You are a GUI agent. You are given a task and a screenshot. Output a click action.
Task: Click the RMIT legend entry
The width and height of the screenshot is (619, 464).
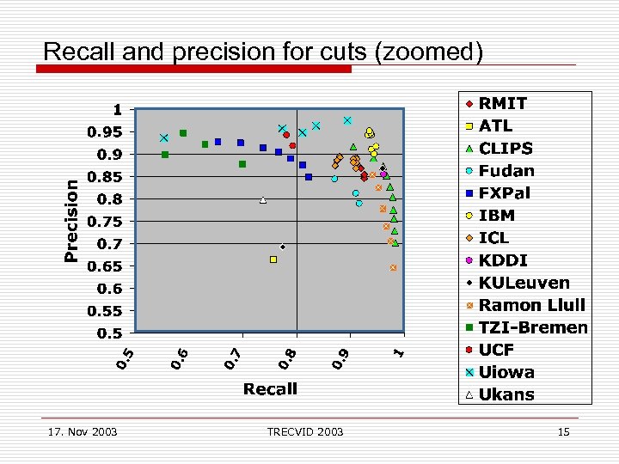[x=503, y=103]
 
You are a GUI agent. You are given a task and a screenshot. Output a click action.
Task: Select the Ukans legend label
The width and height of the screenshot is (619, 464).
[x=506, y=394]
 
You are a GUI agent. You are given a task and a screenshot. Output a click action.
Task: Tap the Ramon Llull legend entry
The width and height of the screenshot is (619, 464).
[x=531, y=305]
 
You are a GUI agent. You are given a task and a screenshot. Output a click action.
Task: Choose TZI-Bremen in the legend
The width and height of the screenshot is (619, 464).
[x=533, y=327]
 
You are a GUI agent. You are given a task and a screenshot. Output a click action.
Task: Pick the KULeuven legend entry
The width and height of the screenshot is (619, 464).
[x=524, y=283]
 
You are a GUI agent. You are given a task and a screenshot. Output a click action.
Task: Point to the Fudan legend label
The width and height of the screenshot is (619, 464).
[x=506, y=170]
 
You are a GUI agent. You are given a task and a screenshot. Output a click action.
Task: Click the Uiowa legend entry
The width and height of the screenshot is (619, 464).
[x=506, y=372]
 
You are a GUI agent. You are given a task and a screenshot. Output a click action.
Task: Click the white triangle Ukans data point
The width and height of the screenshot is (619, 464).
[x=263, y=200]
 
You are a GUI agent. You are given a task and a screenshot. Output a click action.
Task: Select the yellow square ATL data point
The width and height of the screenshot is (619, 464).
[x=273, y=259]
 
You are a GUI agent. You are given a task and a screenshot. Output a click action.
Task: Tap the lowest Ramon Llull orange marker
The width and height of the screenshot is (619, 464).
[x=393, y=268]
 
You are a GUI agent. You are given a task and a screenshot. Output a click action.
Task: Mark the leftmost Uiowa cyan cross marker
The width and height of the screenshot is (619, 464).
[x=163, y=138]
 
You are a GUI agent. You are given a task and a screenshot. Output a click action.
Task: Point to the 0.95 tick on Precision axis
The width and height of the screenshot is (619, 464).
[x=107, y=132]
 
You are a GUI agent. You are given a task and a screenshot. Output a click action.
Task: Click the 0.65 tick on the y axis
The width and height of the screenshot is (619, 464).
[x=107, y=266]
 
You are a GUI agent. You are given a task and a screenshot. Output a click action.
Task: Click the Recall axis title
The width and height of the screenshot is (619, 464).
[x=270, y=389]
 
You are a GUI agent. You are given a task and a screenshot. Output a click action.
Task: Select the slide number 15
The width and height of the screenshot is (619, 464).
[x=563, y=431]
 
